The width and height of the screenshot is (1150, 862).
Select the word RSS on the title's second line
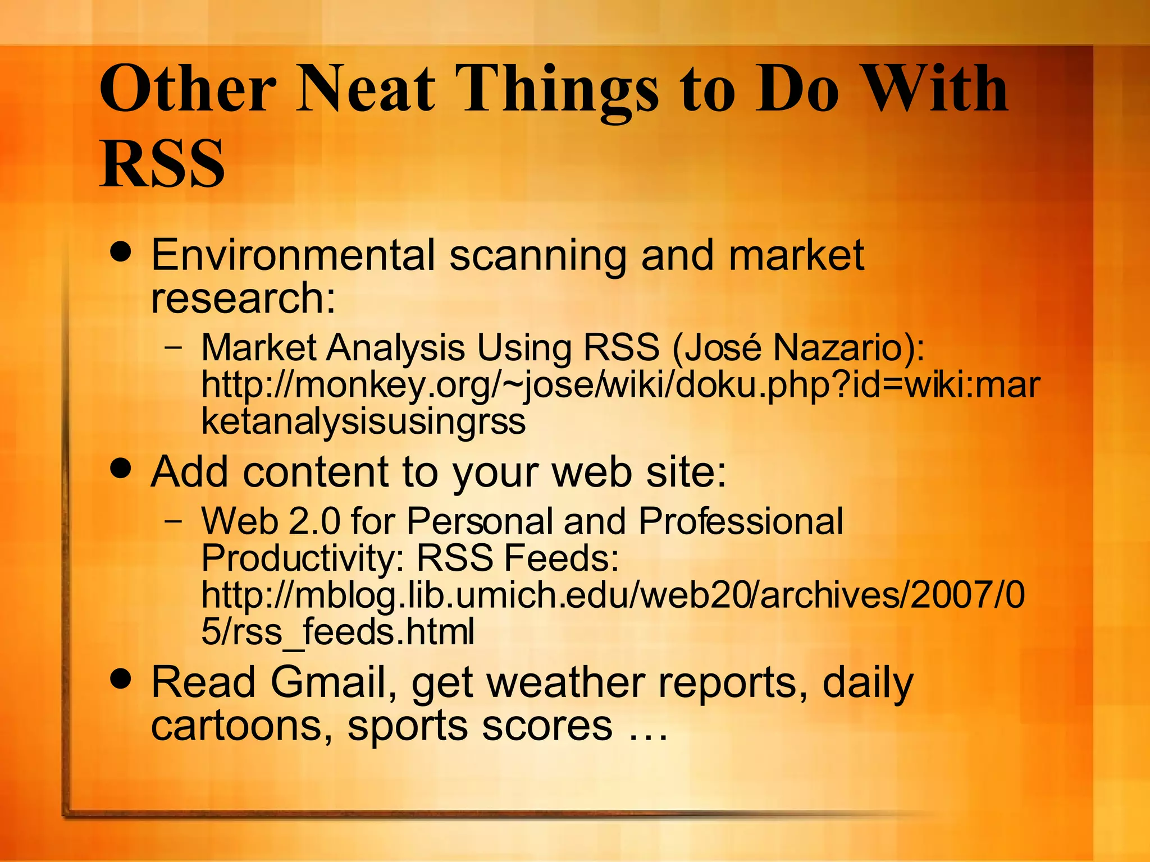(x=162, y=163)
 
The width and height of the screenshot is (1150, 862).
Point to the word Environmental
(x=293, y=255)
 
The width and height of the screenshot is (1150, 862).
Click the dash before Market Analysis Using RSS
(x=174, y=347)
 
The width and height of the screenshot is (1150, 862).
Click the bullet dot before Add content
(x=121, y=467)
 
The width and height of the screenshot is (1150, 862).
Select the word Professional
(x=741, y=521)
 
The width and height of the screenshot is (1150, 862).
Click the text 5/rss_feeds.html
(x=337, y=632)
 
